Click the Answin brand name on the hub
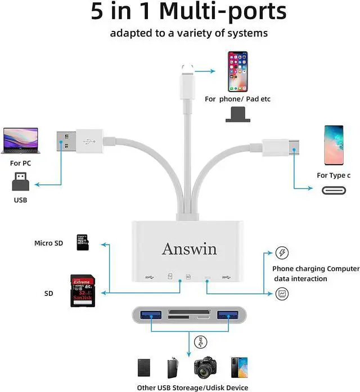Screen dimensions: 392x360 189,249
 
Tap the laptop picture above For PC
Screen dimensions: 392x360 20,141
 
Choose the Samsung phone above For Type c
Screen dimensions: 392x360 333,145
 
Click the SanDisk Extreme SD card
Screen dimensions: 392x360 82,290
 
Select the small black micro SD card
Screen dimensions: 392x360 83,242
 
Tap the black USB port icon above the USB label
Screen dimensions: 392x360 20,181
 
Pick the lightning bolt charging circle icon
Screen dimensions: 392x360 282,252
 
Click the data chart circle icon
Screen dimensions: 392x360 282,293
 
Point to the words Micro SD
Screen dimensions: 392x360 49,243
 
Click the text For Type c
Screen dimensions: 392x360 334,175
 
